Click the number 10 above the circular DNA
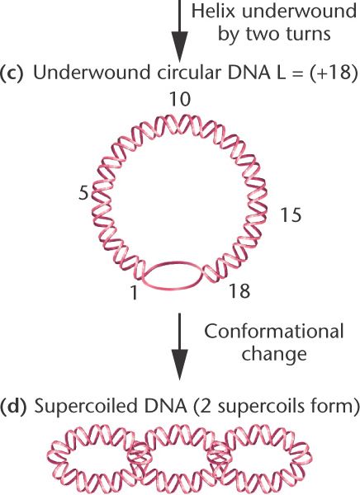pyautogui.click(x=180, y=99)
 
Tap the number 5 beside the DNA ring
pyautogui.click(x=83, y=192)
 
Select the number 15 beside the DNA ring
pyautogui.click(x=291, y=215)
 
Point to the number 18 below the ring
pyautogui.click(x=239, y=290)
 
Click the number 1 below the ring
pyautogui.click(x=135, y=292)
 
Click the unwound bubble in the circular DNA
pyautogui.click(x=173, y=275)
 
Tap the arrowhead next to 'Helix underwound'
pyautogui.click(x=179, y=46)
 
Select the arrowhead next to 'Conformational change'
pyautogui.click(x=179, y=365)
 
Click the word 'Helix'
pyautogui.click(x=210, y=12)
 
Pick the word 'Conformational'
pyautogui.click(x=273, y=332)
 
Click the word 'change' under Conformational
pyautogui.click(x=274, y=354)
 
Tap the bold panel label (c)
pyautogui.click(x=12, y=73)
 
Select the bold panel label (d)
pyautogui.click(x=12, y=406)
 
